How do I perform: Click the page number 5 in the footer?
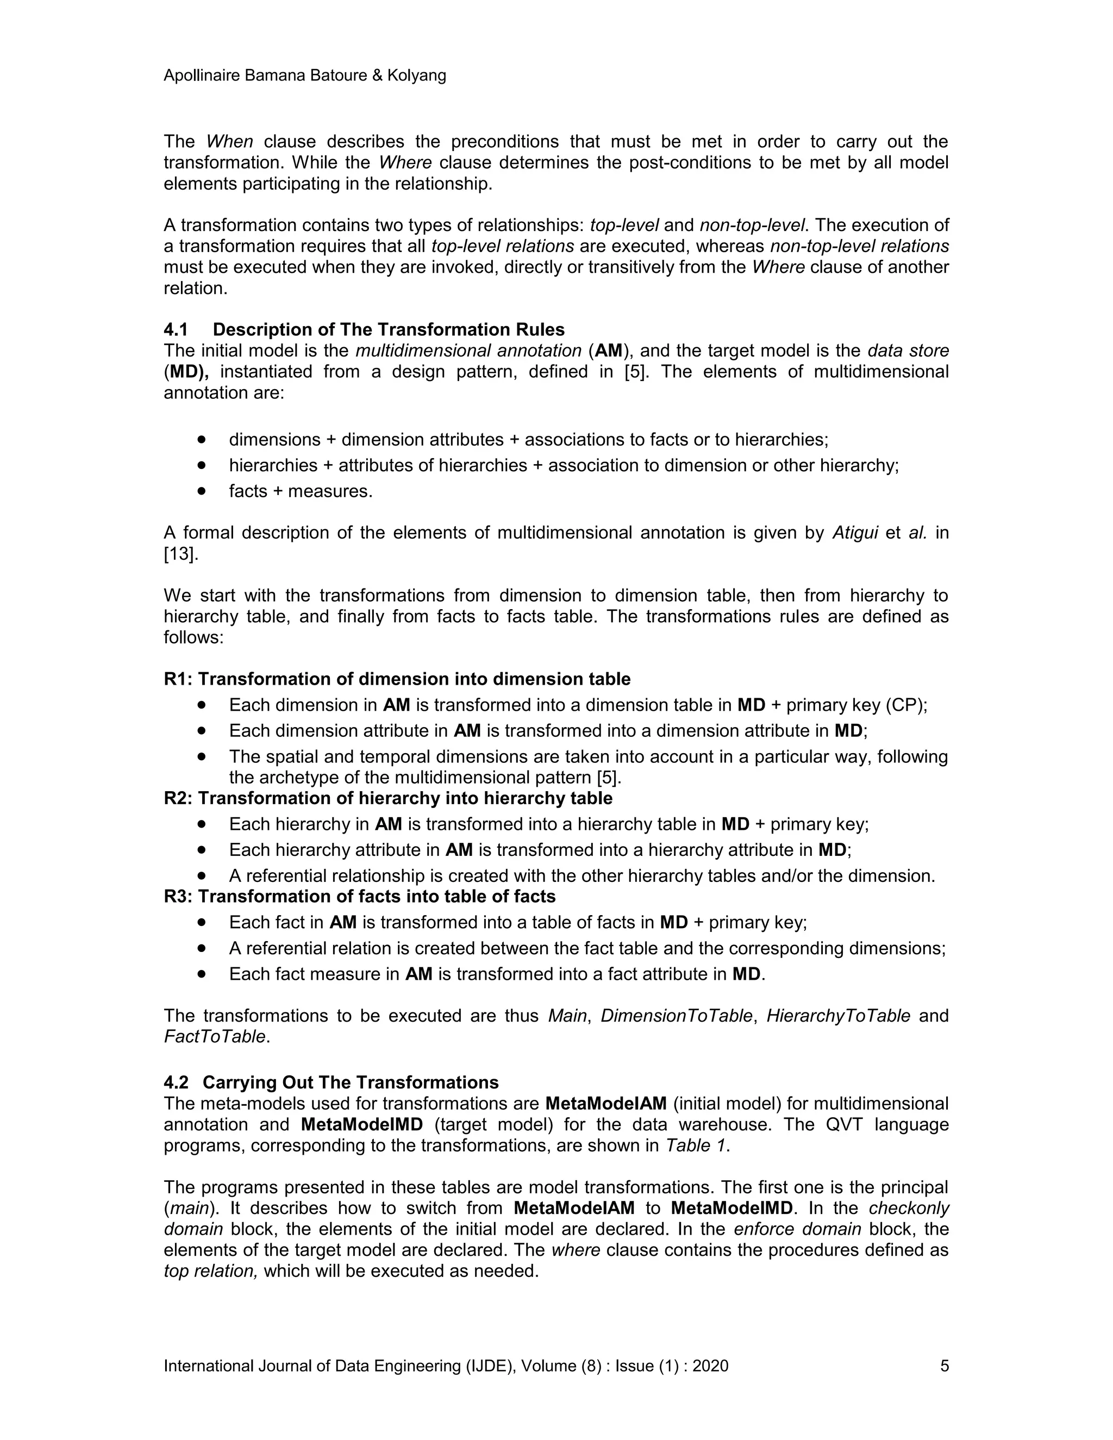click(944, 1366)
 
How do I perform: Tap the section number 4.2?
click(176, 1082)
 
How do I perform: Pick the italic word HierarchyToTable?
click(838, 1016)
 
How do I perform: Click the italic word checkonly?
click(909, 1208)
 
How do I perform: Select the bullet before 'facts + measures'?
click(202, 491)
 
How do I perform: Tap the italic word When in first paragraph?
click(229, 142)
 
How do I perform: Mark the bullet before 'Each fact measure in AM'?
click(202, 974)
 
